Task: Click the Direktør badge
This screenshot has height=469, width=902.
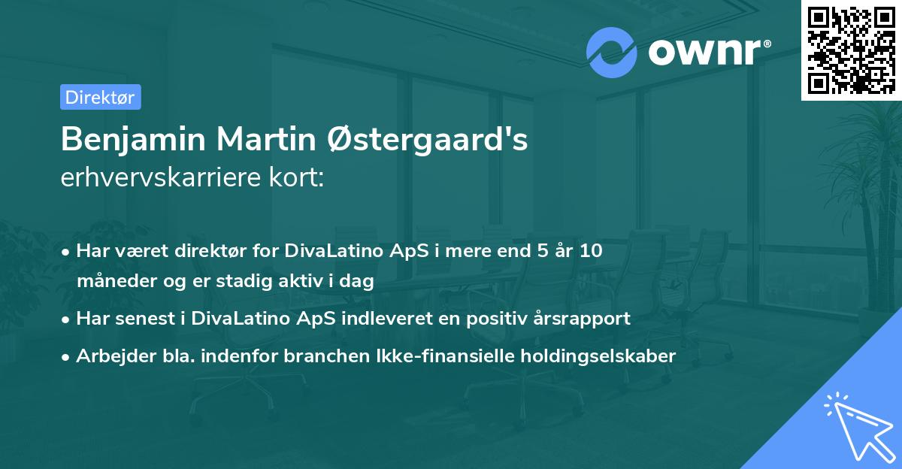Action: tap(100, 97)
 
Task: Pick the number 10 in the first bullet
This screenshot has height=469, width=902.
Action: tap(592, 250)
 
